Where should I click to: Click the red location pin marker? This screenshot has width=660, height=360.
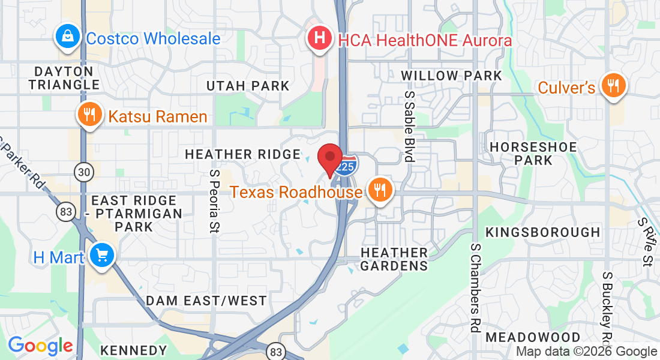click(329, 158)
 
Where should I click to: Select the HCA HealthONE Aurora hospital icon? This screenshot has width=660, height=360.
click(320, 38)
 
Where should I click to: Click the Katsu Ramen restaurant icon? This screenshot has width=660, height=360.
click(90, 116)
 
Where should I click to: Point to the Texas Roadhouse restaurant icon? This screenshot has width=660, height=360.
click(379, 191)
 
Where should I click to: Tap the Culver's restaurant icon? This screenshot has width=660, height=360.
click(613, 86)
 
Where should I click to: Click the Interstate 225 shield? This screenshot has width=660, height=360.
click(346, 166)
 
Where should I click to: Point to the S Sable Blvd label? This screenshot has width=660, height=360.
click(409, 127)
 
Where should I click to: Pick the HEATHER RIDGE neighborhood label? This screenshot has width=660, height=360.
click(242, 154)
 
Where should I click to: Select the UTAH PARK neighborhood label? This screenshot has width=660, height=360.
click(248, 86)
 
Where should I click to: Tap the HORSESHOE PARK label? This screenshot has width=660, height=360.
click(533, 154)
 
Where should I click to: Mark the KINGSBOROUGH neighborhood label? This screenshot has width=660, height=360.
click(542, 232)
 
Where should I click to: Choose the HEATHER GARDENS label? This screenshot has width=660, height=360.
click(394, 259)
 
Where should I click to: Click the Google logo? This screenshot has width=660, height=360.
click(40, 346)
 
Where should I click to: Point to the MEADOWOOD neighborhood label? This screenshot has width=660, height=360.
click(533, 337)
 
